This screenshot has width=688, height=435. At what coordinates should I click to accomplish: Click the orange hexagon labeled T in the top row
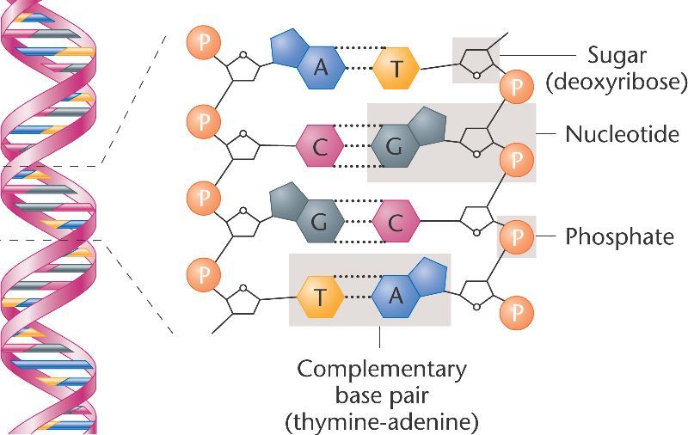pos(396,68)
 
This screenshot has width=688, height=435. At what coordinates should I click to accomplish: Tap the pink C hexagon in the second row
pos(320,147)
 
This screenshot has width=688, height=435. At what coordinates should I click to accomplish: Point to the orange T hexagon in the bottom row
pos(320,297)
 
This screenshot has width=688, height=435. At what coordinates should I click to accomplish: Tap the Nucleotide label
pos(622,134)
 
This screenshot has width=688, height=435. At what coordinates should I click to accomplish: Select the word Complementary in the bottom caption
pos(382,371)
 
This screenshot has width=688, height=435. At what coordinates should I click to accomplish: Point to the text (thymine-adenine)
pos(382,422)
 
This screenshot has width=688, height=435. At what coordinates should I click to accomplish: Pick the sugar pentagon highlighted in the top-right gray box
pos(476,60)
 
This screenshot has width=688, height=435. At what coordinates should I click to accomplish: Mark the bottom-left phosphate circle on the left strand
pos(202,275)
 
